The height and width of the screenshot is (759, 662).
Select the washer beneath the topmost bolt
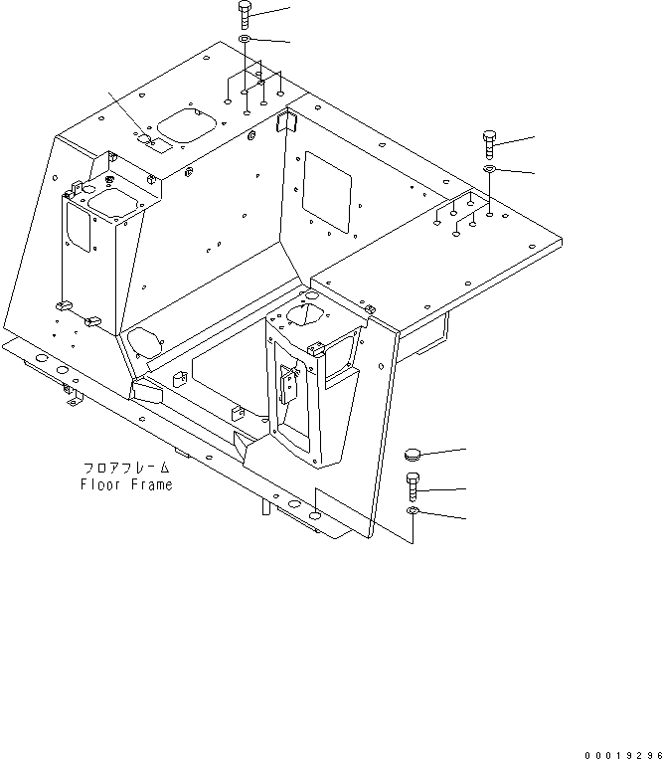click(x=246, y=40)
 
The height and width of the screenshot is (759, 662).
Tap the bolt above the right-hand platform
click(x=490, y=144)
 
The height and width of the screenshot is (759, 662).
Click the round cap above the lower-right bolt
click(x=414, y=456)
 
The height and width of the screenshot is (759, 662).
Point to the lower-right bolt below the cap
click(x=414, y=488)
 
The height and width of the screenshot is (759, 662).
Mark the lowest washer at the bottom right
click(x=414, y=511)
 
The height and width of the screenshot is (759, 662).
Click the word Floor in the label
click(x=100, y=485)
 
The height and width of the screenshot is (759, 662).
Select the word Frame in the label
click(x=150, y=485)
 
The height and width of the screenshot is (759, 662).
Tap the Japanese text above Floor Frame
click(x=126, y=468)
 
